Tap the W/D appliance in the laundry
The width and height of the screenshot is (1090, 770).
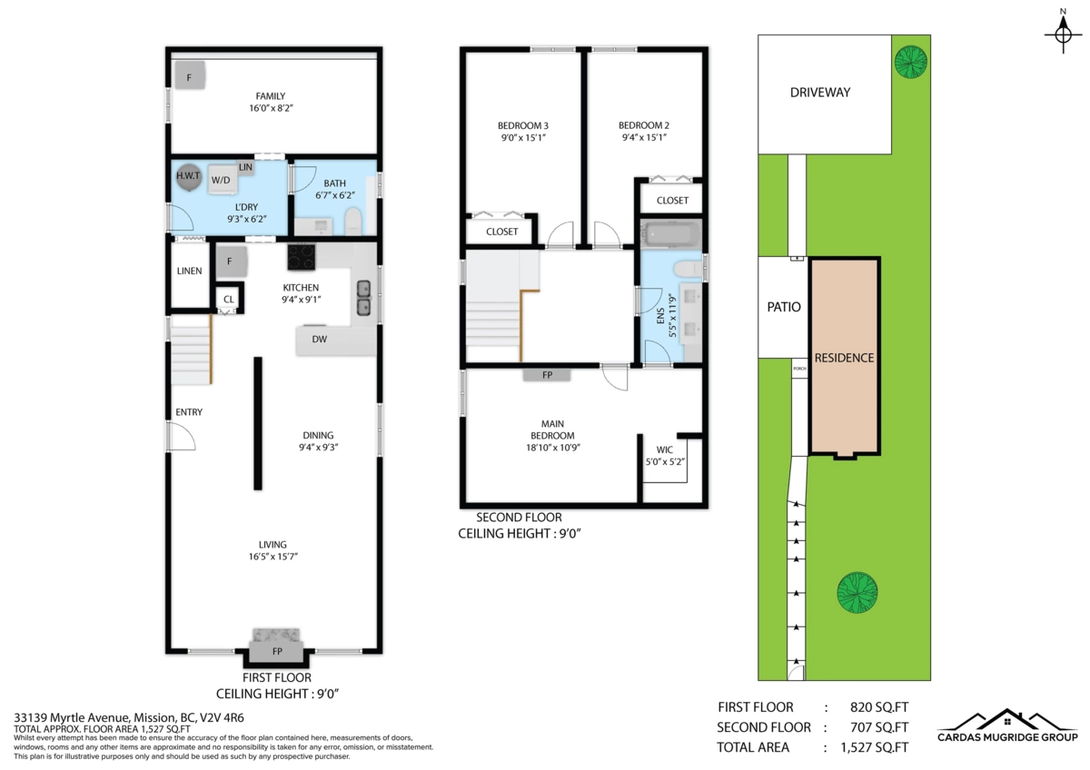(x=221, y=180)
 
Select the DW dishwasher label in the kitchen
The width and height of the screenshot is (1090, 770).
(x=319, y=340)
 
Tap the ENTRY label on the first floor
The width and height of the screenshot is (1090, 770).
(x=189, y=412)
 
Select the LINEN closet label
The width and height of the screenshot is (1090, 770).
(x=189, y=271)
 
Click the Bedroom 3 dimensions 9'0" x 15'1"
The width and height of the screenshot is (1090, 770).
(x=522, y=138)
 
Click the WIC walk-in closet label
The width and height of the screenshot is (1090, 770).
(x=664, y=449)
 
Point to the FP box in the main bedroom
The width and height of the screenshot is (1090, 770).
(x=547, y=374)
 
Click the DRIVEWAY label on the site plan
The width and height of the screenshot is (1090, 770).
(x=825, y=92)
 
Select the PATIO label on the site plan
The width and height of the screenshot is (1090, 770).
(x=783, y=307)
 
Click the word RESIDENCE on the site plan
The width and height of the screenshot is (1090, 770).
(x=844, y=358)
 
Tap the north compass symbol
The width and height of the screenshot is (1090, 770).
(x=1062, y=35)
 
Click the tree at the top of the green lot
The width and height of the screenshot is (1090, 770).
(x=909, y=62)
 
